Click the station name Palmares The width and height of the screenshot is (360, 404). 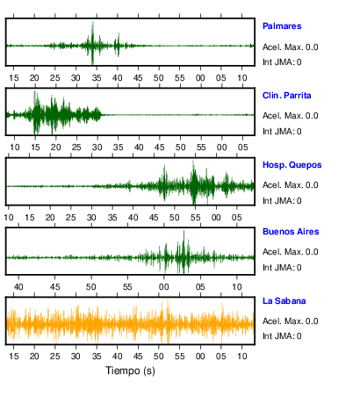pos(282,26)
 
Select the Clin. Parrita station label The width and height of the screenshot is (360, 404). pos(286,96)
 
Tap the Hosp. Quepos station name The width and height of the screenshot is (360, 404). pos(292,165)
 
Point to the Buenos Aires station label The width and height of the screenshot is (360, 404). pos(291,232)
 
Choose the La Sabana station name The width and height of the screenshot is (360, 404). pos(284,301)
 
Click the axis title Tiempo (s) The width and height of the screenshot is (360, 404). pos(130,371)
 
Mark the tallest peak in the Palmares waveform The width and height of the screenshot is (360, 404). pos(93,22)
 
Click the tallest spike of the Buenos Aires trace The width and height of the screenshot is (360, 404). pos(184,231)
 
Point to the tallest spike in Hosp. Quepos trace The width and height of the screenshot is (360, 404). pos(193,162)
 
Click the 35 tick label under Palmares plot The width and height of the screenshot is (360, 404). pos(97,78)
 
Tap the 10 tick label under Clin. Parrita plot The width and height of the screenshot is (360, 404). pos(14,148)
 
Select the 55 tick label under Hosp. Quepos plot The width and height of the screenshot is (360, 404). pos(195,218)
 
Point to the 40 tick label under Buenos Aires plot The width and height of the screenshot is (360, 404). pos(18,286)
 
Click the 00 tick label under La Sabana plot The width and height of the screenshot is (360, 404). pos(200,357)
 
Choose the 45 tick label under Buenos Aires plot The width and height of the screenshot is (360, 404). pos(54,286)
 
